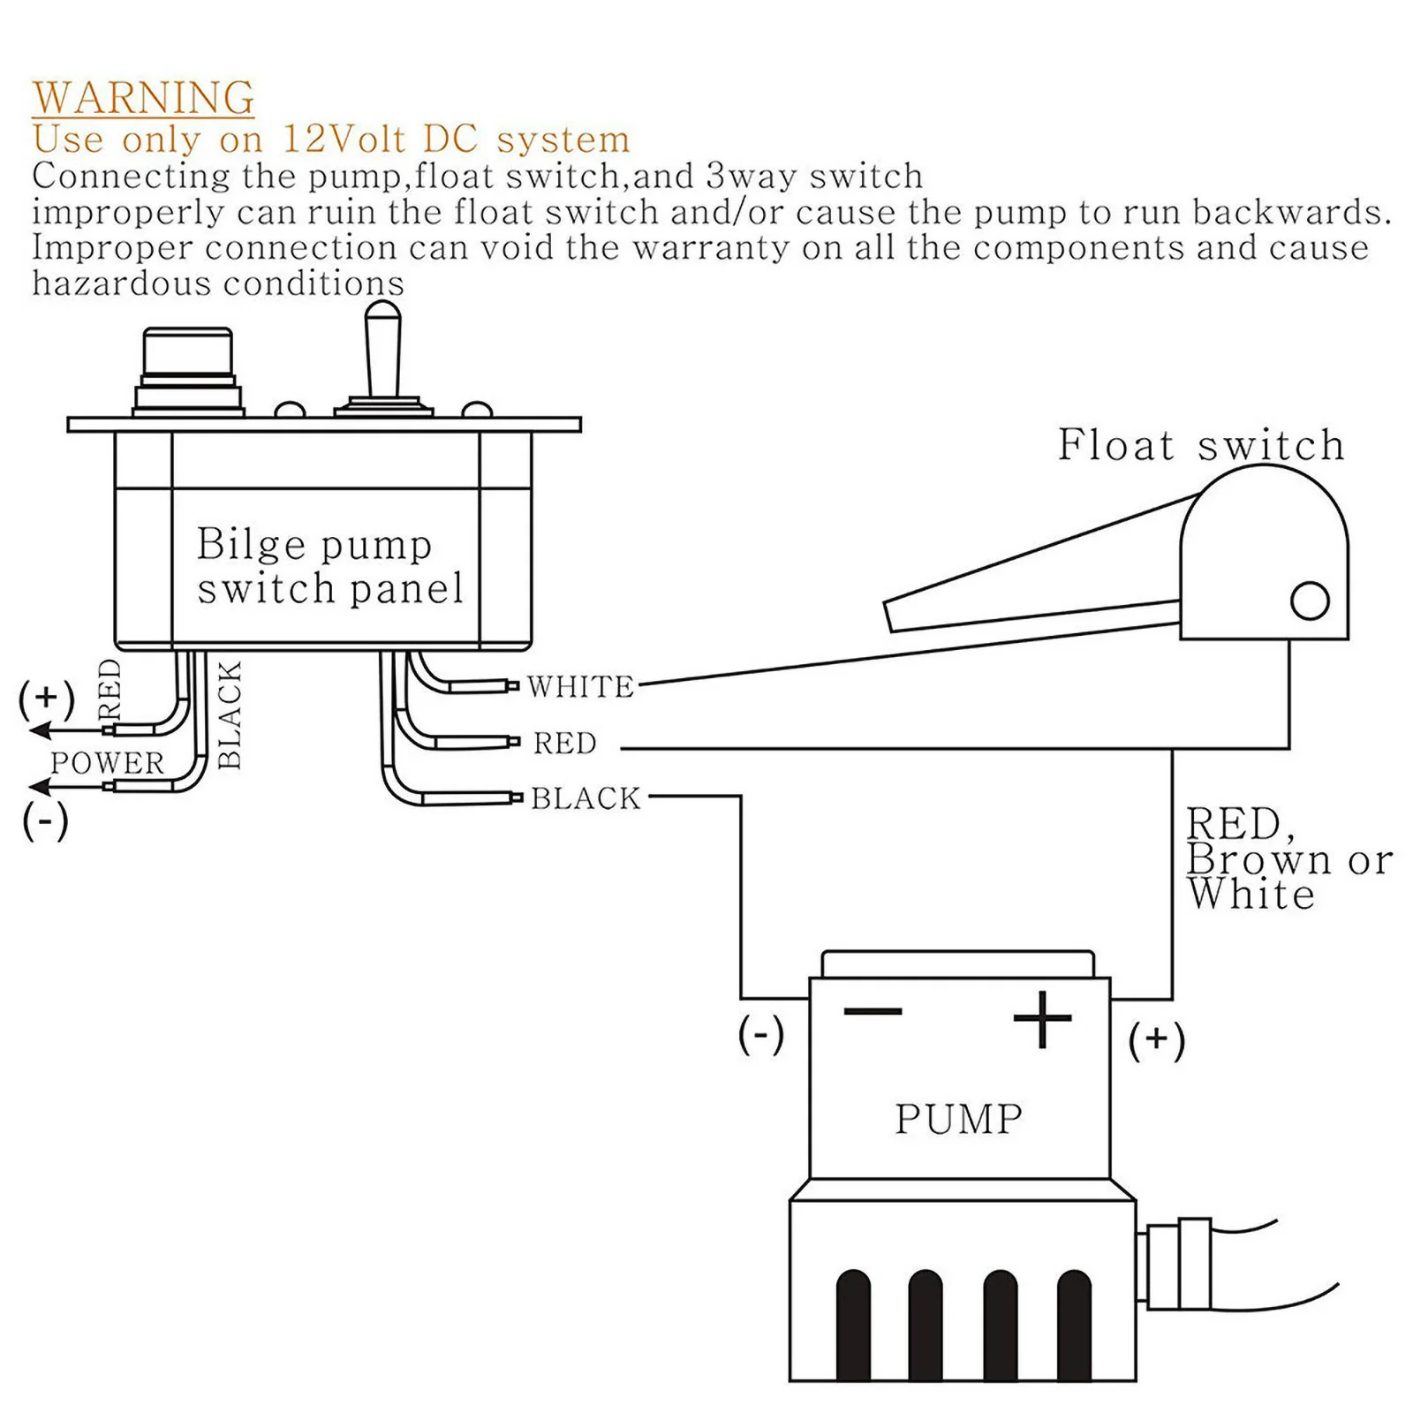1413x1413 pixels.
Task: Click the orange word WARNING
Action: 144,97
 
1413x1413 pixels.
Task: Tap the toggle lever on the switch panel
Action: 382,350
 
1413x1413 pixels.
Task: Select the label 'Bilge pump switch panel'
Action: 329,566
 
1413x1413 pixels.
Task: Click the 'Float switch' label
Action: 1201,444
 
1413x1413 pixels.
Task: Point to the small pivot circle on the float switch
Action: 1310,601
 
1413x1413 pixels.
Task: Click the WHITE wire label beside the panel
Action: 581,687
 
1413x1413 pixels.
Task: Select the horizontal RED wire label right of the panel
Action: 565,744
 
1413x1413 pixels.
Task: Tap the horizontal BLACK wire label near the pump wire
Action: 586,798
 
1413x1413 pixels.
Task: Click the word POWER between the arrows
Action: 108,762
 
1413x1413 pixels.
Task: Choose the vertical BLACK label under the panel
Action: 229,715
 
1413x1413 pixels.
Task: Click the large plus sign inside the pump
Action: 1042,1018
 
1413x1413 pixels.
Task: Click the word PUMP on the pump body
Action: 959,1119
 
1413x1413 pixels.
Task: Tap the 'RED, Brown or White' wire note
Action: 1288,858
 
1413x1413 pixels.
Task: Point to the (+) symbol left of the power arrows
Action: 47,699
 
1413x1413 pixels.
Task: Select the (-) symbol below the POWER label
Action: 45,821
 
